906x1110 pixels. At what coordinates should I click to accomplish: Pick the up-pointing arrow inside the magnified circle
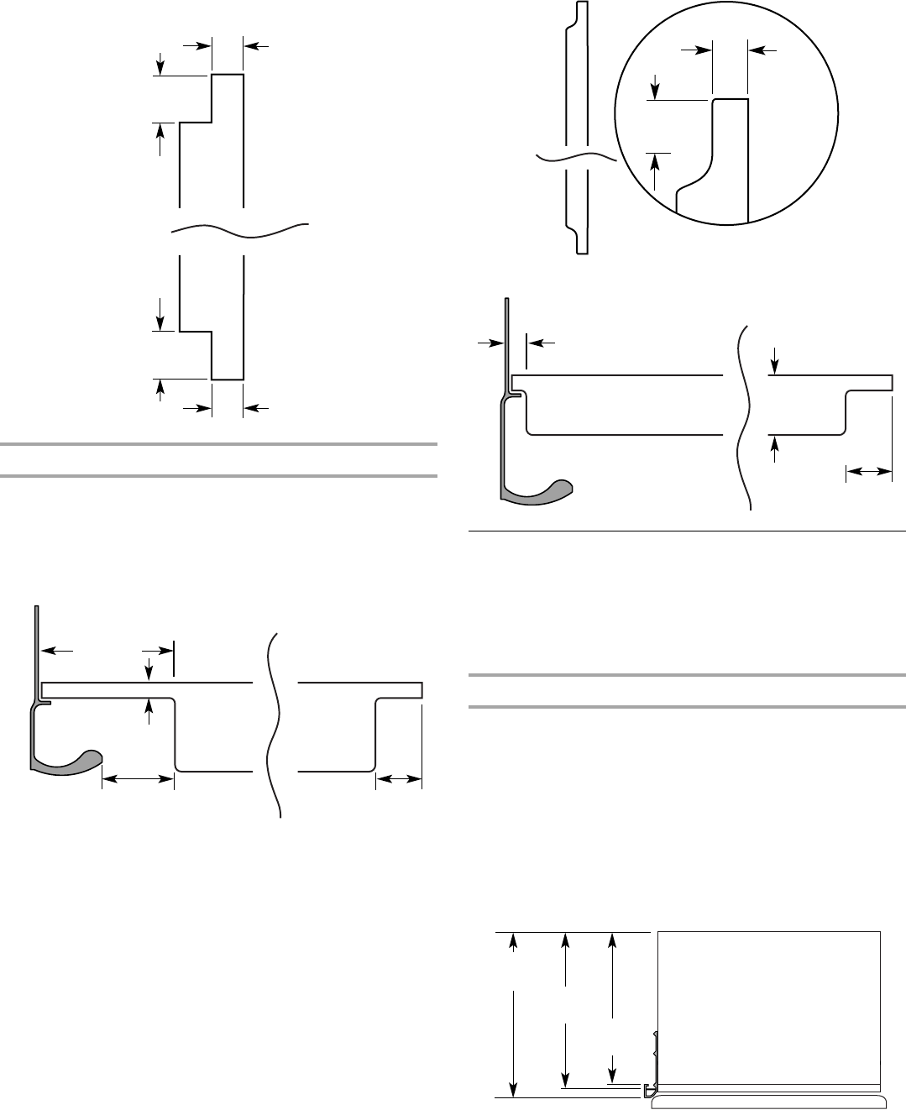click(657, 168)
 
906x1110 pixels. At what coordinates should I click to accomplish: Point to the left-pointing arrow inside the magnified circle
click(762, 51)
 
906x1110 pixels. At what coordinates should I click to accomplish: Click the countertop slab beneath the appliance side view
click(768, 1102)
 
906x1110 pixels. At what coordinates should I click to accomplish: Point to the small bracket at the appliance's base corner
click(648, 1091)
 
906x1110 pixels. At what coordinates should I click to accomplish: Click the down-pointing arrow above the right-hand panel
click(774, 362)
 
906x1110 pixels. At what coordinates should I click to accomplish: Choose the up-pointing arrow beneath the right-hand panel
click(774, 449)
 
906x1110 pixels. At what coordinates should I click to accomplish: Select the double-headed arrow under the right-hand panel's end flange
click(868, 474)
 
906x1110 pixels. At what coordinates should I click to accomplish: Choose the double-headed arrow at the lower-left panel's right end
click(398, 780)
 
